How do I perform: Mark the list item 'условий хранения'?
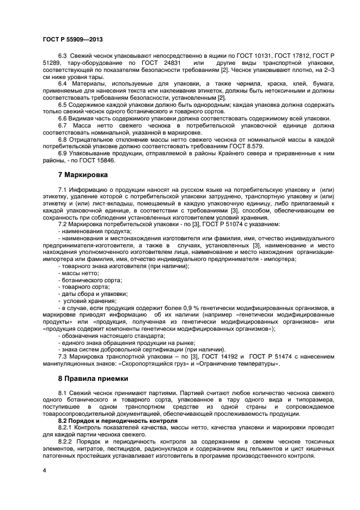[x=90, y=301]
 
